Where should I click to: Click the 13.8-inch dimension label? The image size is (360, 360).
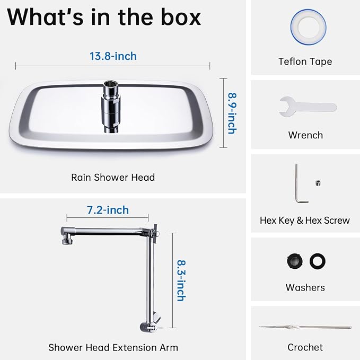113,56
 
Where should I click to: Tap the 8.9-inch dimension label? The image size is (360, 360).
232,113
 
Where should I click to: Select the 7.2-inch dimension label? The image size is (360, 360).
108,210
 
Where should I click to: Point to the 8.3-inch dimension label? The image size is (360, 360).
181,280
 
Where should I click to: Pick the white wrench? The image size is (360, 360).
308,107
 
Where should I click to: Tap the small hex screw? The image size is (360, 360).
318,183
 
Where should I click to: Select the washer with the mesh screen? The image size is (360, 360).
295,261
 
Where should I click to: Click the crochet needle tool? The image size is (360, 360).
305,327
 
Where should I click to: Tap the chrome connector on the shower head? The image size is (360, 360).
111,107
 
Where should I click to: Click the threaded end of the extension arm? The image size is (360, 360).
67,241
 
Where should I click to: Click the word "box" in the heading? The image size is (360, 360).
181,17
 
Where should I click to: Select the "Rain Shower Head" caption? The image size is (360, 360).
113,178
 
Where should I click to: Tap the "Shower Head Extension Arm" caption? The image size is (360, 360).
113,348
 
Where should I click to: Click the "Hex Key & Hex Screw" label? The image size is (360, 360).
305,221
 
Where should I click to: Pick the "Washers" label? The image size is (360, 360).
305,288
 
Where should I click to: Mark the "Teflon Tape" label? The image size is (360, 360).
305,62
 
